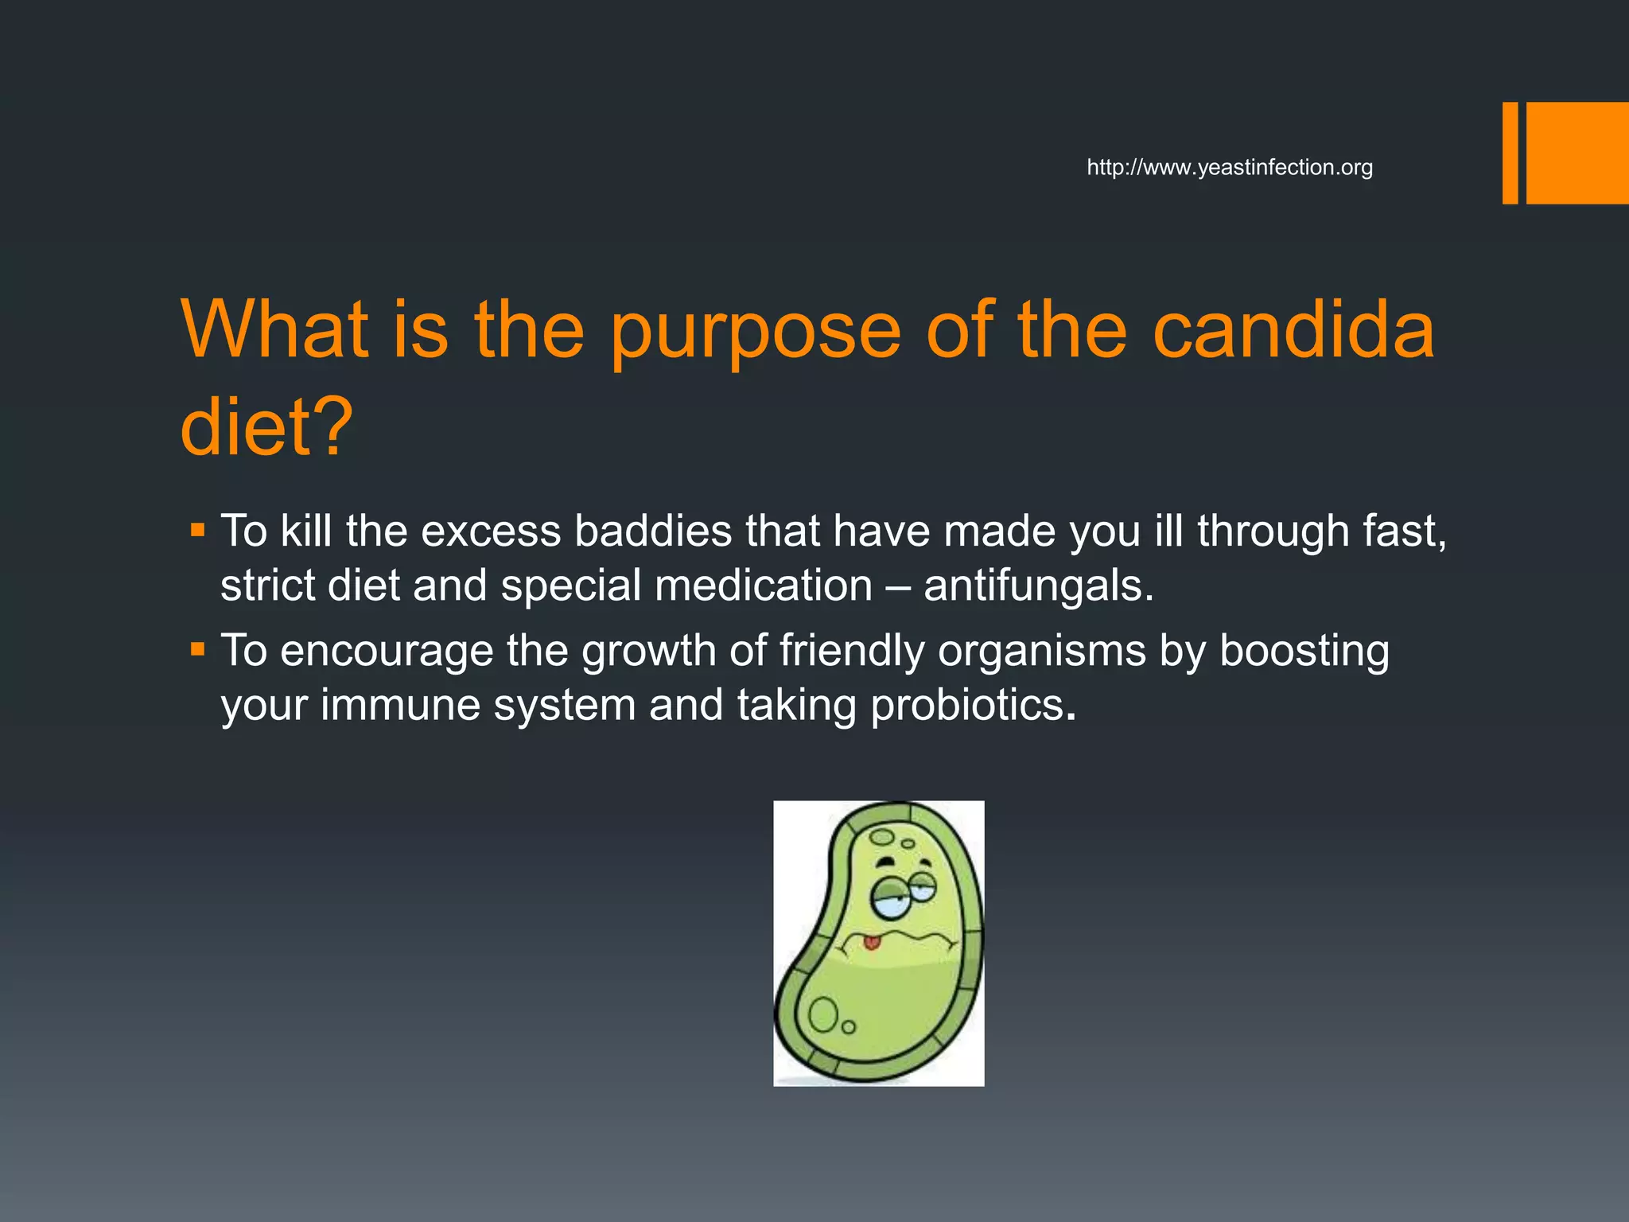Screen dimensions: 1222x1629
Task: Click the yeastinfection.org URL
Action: click(x=1229, y=168)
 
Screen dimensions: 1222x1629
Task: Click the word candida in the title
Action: click(x=1293, y=329)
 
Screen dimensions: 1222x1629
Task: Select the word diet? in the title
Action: click(x=266, y=427)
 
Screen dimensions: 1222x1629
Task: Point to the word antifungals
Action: click(x=1038, y=586)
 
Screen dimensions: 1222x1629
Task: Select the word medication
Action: click(x=764, y=586)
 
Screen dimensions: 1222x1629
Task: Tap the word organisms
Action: click(x=1041, y=651)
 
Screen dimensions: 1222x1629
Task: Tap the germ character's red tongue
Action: click(x=872, y=943)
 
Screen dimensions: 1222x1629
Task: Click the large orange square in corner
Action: click(x=1577, y=153)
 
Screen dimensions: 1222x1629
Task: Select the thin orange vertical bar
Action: click(x=1510, y=153)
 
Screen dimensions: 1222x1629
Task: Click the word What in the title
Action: click(x=275, y=329)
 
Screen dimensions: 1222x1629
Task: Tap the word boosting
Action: click(x=1304, y=651)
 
